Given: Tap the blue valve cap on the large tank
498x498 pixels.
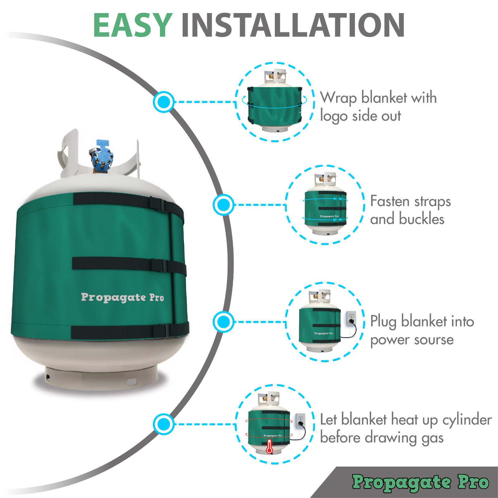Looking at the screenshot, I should (x=101, y=154).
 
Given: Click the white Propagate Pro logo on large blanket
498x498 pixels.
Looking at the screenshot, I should (x=122, y=297).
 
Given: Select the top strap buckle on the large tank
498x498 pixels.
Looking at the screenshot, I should (x=158, y=204).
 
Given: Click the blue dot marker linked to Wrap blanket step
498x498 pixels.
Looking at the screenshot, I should (x=163, y=102).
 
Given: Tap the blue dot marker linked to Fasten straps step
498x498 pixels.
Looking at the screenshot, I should (x=223, y=204).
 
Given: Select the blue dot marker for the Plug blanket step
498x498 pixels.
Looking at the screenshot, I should (x=223, y=322).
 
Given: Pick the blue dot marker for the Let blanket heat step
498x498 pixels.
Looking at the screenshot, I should (x=163, y=424).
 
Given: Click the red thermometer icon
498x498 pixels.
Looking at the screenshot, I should (x=270, y=447).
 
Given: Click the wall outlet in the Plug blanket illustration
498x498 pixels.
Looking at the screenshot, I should (x=351, y=318).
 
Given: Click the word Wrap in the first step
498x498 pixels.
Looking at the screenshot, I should (x=338, y=98).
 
